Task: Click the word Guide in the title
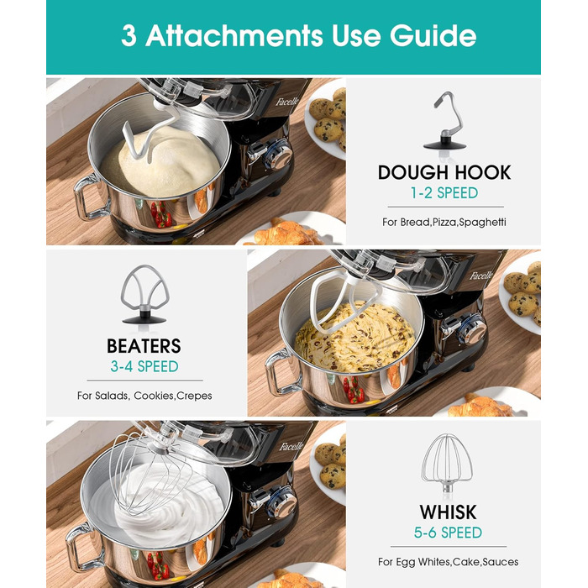click(x=433, y=36)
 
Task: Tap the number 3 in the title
click(x=129, y=36)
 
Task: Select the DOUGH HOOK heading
click(x=444, y=172)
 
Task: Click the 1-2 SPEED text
click(x=444, y=193)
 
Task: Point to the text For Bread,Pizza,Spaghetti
click(x=444, y=222)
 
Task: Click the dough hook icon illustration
click(x=444, y=122)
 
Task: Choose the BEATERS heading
click(x=144, y=346)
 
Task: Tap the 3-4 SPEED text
click(x=144, y=366)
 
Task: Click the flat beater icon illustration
click(x=144, y=294)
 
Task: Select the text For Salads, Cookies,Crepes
click(x=144, y=396)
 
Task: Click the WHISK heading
click(x=448, y=512)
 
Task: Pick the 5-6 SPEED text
click(x=448, y=533)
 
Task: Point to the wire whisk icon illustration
click(x=447, y=465)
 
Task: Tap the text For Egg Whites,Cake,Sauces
click(x=448, y=562)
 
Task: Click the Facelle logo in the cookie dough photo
click(x=481, y=276)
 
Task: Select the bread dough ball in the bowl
click(x=161, y=161)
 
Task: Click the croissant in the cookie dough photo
click(x=480, y=406)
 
